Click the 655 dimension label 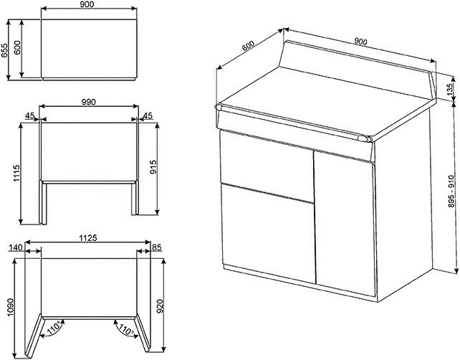(x=6, y=49)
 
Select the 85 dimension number (x=155, y=247)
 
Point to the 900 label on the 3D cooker (x=360, y=42)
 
